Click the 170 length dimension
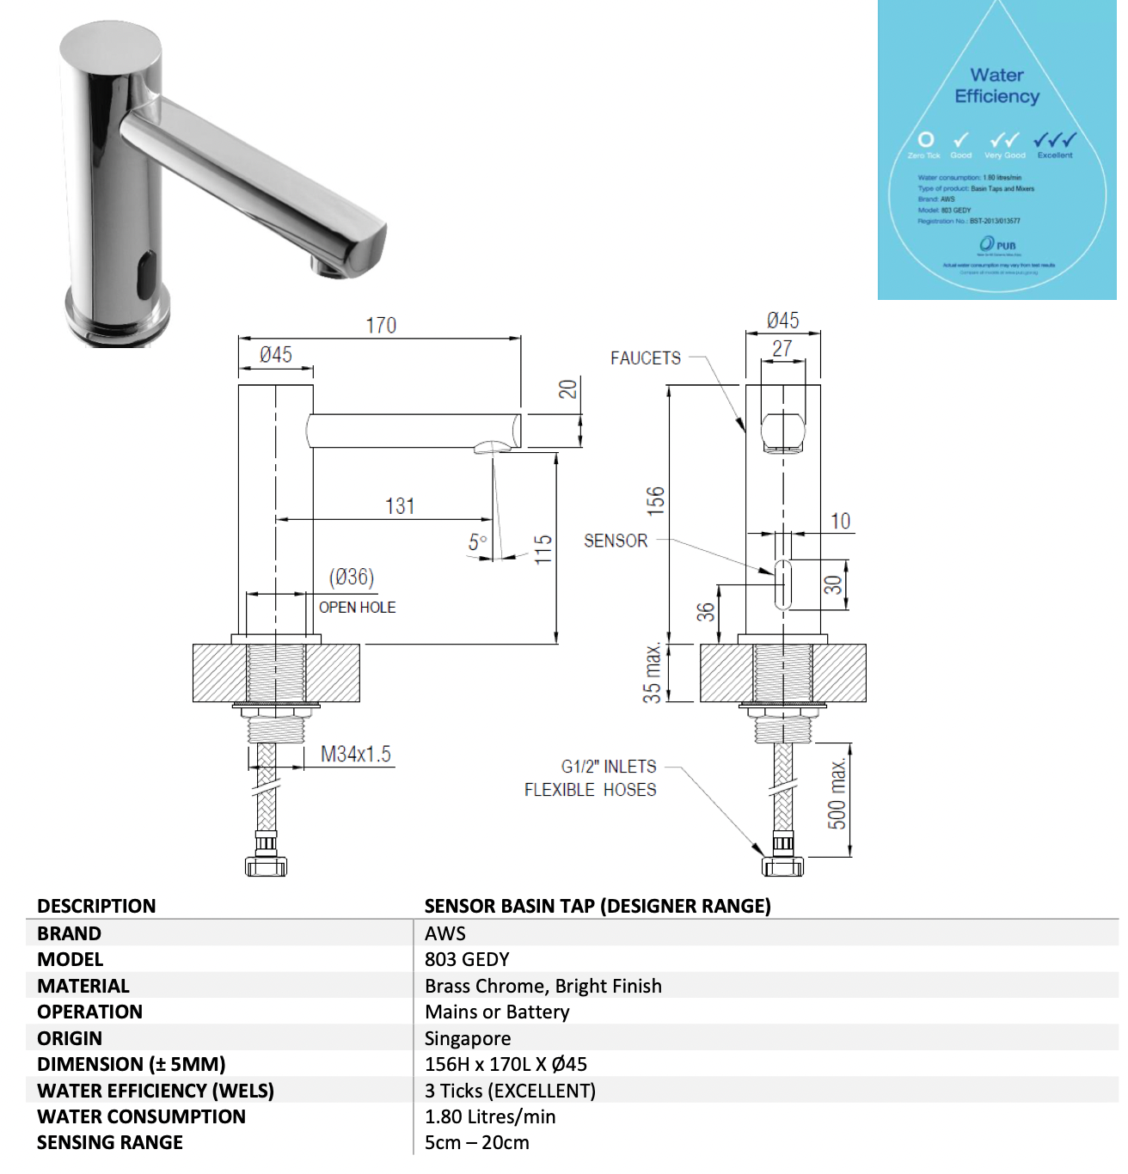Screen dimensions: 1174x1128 [381, 326]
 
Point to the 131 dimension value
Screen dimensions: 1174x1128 [400, 506]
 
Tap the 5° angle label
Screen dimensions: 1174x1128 [478, 542]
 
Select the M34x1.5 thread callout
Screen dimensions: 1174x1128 [356, 755]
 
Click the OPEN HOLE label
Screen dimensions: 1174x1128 [358, 608]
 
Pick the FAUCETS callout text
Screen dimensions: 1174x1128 [646, 358]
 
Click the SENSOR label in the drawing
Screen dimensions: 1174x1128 [616, 541]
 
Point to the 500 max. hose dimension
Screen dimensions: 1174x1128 [837, 793]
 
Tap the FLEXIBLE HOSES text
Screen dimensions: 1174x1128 [591, 790]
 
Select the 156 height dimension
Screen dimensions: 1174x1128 [656, 501]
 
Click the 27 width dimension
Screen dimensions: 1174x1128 [782, 349]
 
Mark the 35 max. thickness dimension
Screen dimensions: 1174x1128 [653, 673]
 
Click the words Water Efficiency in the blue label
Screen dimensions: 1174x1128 [997, 86]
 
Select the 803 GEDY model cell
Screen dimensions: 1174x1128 [467, 959]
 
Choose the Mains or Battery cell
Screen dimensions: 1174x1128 [497, 1012]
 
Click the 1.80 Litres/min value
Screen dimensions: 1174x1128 [490, 1116]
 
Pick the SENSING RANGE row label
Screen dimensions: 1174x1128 [110, 1142]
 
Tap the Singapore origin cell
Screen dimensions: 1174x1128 [468, 1038]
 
